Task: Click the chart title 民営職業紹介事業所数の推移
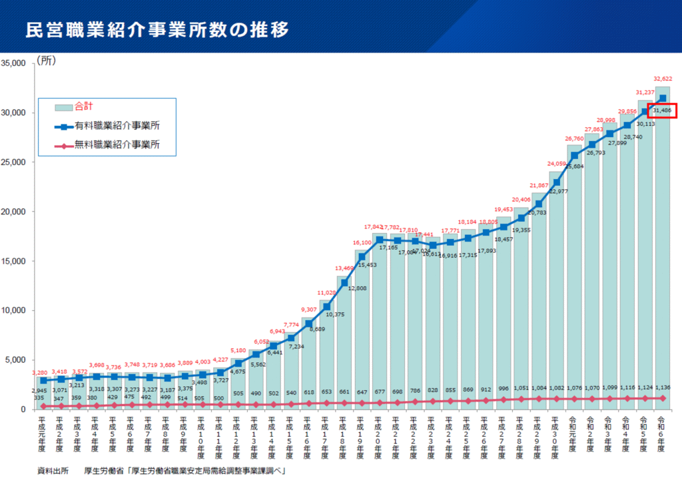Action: coord(157,30)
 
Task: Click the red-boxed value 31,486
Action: coord(663,111)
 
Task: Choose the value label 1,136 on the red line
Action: coord(663,387)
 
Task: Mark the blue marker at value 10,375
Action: coord(326,307)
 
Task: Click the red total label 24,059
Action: coord(557,164)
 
